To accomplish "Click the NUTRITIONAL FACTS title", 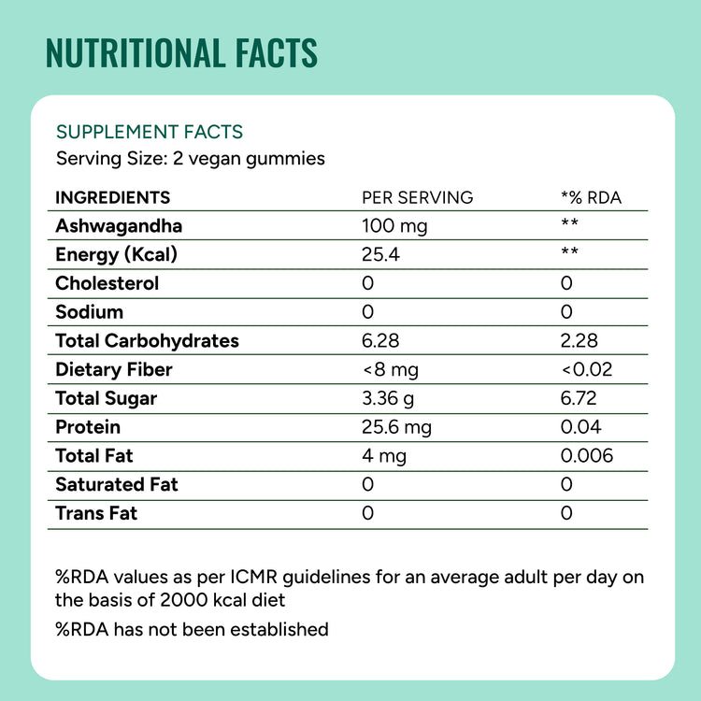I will pyautogui.click(x=181, y=53).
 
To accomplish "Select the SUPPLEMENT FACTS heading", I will pyautogui.click(x=150, y=133).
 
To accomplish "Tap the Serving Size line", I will pyautogui.click(x=190, y=158).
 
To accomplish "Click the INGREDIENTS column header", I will pyautogui.click(x=113, y=197).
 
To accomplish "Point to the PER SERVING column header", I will pyautogui.click(x=417, y=197).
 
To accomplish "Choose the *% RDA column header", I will pyautogui.click(x=591, y=197).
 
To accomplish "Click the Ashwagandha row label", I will pyautogui.click(x=119, y=225).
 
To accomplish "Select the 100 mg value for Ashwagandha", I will pyautogui.click(x=394, y=225).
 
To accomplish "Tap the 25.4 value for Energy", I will pyautogui.click(x=380, y=254).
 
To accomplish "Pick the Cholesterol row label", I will pyautogui.click(x=107, y=283).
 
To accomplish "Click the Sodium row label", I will pyautogui.click(x=90, y=312).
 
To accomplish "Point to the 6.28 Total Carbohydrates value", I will pyautogui.click(x=380, y=341).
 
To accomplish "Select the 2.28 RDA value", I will pyautogui.click(x=579, y=341).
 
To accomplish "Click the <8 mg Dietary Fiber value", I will pyautogui.click(x=390, y=370).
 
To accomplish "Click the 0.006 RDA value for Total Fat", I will pyautogui.click(x=587, y=456).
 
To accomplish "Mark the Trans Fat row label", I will pyautogui.click(x=96, y=513).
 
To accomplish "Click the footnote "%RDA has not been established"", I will pyautogui.click(x=192, y=629).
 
